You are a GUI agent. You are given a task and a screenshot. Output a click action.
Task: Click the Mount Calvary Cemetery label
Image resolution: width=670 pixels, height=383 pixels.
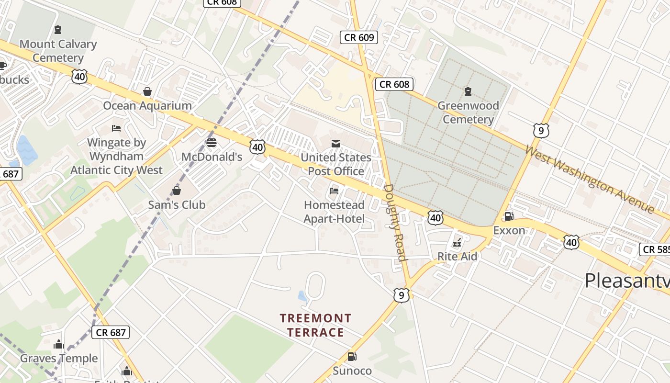click(x=58, y=51)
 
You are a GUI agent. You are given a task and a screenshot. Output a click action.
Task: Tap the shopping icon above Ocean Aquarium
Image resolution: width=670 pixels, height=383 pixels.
click(x=147, y=91)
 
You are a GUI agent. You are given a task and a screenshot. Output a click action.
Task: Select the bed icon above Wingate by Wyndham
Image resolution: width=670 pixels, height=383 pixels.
click(x=116, y=128)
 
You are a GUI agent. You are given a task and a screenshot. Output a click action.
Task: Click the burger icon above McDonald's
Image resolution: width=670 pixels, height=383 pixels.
click(x=212, y=142)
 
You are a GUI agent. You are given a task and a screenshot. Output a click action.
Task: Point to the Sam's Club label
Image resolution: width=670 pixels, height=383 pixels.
click(x=177, y=205)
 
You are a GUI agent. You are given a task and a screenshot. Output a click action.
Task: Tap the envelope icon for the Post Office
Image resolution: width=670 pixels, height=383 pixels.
click(x=336, y=143)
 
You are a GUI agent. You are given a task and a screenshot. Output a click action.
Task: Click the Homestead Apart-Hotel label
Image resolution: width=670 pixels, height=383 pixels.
click(x=334, y=212)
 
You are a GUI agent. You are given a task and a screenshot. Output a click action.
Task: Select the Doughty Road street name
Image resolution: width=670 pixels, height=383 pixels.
click(x=396, y=222)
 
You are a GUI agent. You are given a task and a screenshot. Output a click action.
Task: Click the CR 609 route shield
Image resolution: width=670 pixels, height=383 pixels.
click(x=359, y=37)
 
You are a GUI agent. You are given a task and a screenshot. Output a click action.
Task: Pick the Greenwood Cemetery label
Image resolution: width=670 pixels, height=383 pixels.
click(x=468, y=113)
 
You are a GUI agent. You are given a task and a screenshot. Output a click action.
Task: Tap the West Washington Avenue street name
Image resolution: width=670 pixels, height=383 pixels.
click(x=589, y=179)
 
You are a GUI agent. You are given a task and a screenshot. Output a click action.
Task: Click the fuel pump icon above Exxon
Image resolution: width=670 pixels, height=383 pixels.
click(x=509, y=216)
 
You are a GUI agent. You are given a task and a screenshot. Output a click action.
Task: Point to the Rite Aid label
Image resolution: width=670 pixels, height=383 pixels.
click(x=457, y=257)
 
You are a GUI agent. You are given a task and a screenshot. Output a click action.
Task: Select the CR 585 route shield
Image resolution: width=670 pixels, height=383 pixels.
click(x=654, y=249)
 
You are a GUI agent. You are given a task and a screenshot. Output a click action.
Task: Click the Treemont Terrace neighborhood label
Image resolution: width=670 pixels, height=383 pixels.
click(x=315, y=325)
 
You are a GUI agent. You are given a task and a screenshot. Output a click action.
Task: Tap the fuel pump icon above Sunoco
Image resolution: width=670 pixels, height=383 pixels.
click(x=352, y=356)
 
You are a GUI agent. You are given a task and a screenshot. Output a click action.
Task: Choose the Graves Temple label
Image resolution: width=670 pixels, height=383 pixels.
click(x=59, y=358)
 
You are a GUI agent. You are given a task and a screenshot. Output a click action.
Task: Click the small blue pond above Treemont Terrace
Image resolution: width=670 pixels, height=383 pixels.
click(x=302, y=296)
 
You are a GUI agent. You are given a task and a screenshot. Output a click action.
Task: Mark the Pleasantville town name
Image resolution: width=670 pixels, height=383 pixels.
click(x=627, y=281)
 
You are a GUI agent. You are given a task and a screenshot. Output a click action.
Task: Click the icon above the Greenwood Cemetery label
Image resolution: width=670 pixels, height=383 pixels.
click(x=468, y=91)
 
